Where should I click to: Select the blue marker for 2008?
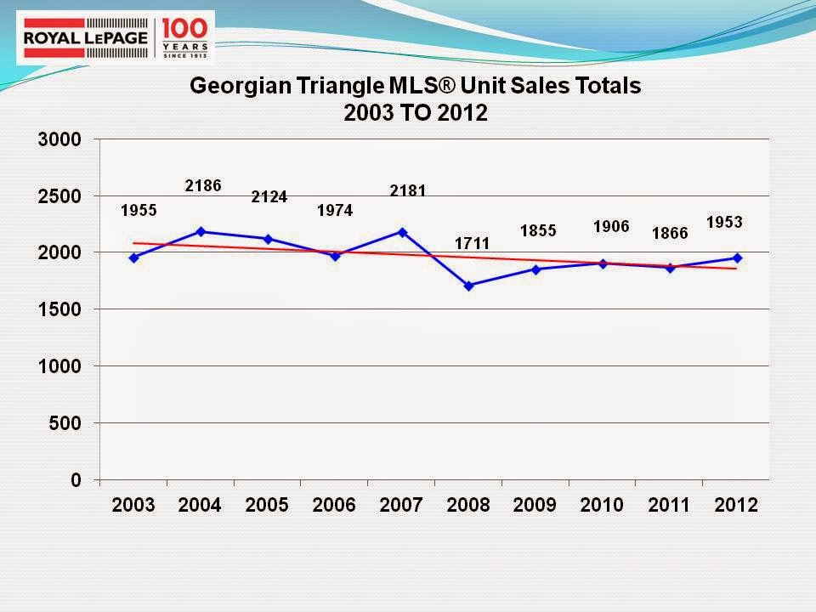(x=468, y=286)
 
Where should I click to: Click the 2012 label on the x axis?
(x=736, y=505)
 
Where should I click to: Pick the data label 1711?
(x=469, y=243)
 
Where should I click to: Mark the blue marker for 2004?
(x=201, y=231)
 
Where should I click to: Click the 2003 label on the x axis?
(x=133, y=505)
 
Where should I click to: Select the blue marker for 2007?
(x=402, y=232)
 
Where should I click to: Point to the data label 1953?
(x=724, y=222)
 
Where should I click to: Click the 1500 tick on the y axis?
(x=59, y=309)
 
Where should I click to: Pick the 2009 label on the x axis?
(x=535, y=505)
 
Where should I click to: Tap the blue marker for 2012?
(x=737, y=258)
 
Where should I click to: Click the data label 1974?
(x=335, y=210)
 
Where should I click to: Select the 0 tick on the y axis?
(x=75, y=479)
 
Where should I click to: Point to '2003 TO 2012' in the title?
(x=416, y=114)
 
